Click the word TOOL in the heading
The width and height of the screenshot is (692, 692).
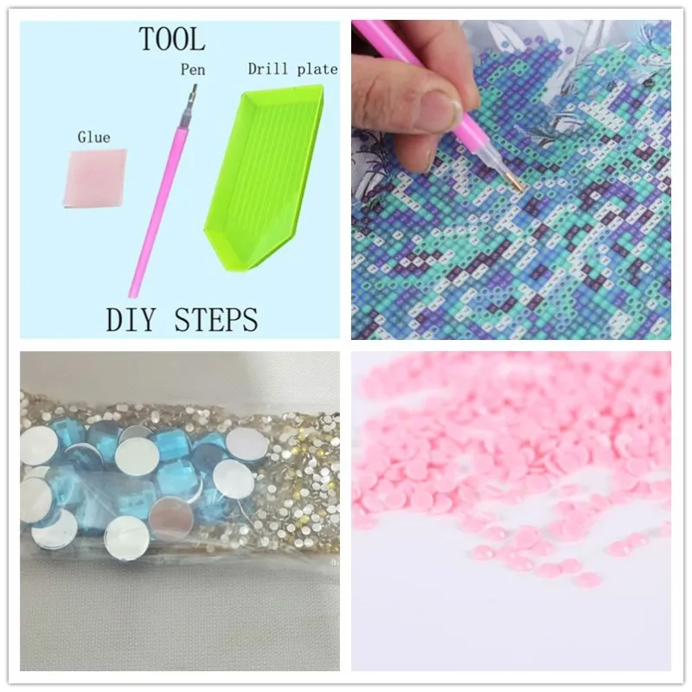173,39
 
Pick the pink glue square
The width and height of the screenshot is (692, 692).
94,180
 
